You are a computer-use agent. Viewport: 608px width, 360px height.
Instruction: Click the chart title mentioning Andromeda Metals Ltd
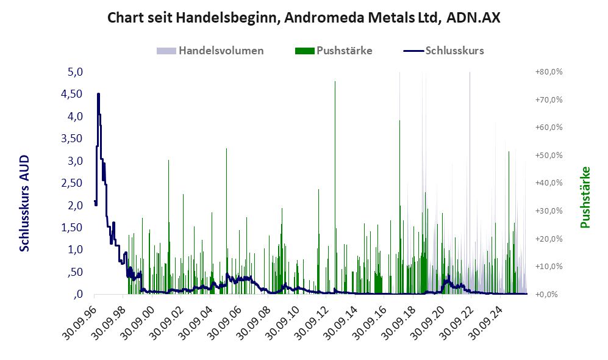pos(304,18)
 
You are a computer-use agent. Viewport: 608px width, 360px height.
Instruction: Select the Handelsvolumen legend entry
pos(210,51)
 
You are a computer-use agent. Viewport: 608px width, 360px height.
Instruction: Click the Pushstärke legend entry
pos(334,51)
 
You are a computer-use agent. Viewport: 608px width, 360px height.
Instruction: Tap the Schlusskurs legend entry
pos(443,51)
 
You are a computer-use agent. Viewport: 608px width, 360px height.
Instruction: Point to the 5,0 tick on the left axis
pos(75,72)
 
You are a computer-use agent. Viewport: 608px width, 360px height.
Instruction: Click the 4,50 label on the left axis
pos(72,94)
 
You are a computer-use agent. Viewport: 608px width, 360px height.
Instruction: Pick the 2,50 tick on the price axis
pos(72,182)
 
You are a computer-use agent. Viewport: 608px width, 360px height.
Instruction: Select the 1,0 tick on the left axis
pos(75,250)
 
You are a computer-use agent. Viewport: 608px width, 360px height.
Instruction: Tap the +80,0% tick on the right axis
pos(549,72)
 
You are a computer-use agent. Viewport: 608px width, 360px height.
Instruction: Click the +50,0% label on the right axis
pos(549,155)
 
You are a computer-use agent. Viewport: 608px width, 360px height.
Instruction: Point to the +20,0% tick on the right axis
pos(549,239)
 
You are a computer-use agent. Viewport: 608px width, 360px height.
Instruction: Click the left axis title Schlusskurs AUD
pos(24,203)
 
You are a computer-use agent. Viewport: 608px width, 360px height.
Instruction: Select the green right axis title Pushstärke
pos(585,197)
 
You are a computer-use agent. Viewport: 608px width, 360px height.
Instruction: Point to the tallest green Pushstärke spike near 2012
pos(335,81)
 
